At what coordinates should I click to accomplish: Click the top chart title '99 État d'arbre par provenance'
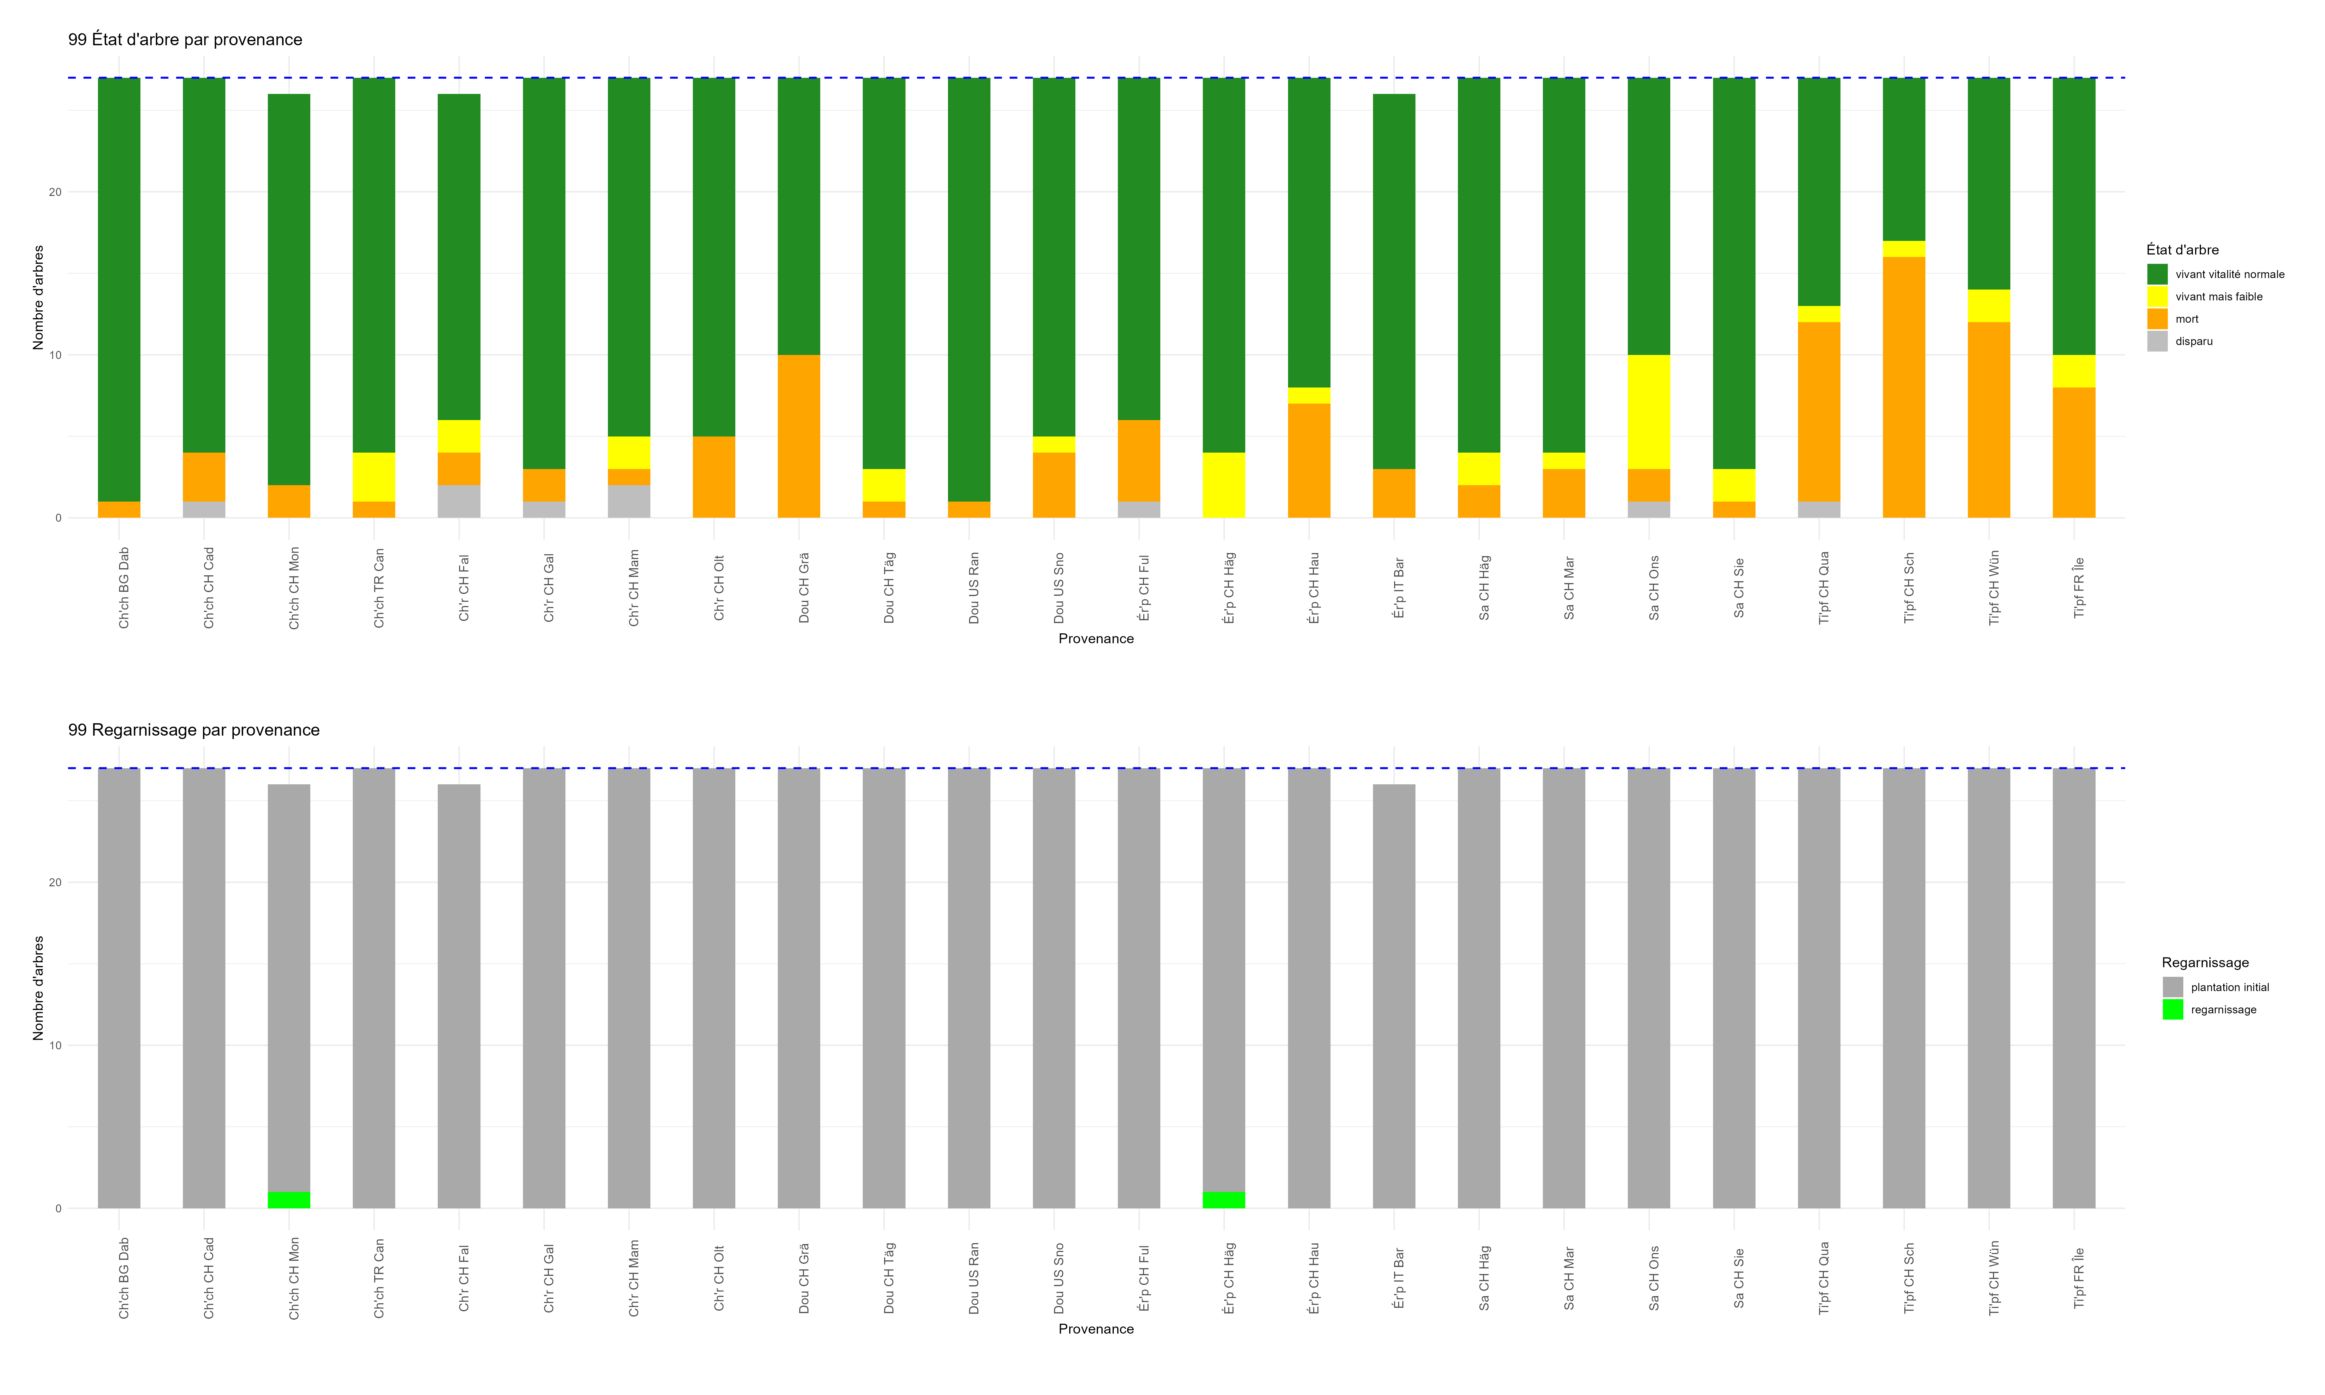(x=185, y=39)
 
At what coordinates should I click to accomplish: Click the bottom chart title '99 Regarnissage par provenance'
(x=193, y=730)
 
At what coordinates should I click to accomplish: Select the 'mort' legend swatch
(x=2158, y=319)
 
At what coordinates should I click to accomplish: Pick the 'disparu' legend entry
(x=2194, y=341)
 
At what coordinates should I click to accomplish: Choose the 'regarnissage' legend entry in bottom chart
(x=2223, y=1010)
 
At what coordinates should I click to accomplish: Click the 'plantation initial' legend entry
(x=2229, y=987)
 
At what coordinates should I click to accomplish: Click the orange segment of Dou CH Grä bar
(x=799, y=436)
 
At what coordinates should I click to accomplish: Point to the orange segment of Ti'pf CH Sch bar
(x=1904, y=387)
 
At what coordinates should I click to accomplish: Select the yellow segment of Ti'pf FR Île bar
(x=2074, y=371)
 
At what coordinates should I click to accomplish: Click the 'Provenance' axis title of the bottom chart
(x=1096, y=1329)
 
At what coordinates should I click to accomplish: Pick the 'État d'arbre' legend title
(x=2182, y=250)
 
